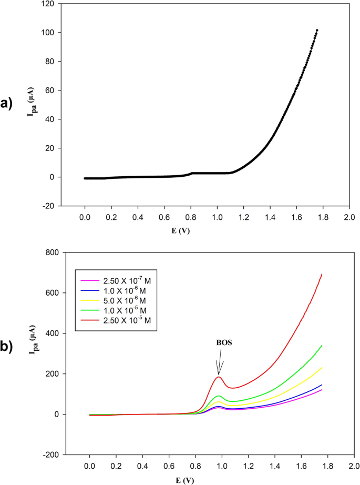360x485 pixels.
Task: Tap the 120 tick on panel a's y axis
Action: click(x=48, y=4)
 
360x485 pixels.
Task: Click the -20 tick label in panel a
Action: click(x=48, y=206)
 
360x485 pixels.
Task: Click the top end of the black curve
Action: click(x=317, y=31)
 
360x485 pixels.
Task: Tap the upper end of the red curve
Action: click(x=322, y=274)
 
